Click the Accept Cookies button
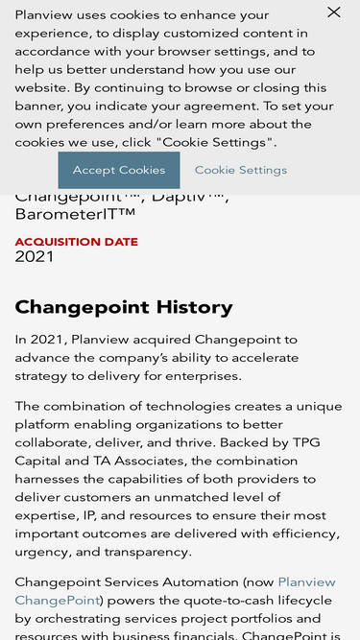(119, 170)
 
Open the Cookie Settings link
(241, 170)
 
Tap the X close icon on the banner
(333, 12)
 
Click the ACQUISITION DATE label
(77, 242)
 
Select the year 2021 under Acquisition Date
(35, 256)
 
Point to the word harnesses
(50, 479)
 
